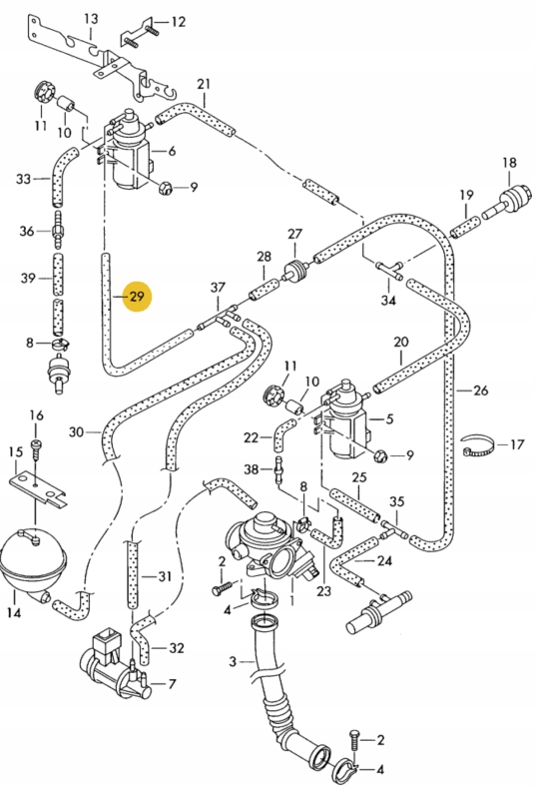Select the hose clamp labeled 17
[x=481, y=445]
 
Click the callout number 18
[x=509, y=163]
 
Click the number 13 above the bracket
[x=91, y=19]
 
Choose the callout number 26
[x=480, y=391]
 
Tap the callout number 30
[x=77, y=432]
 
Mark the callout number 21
[x=204, y=84]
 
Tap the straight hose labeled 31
[x=131, y=577]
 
